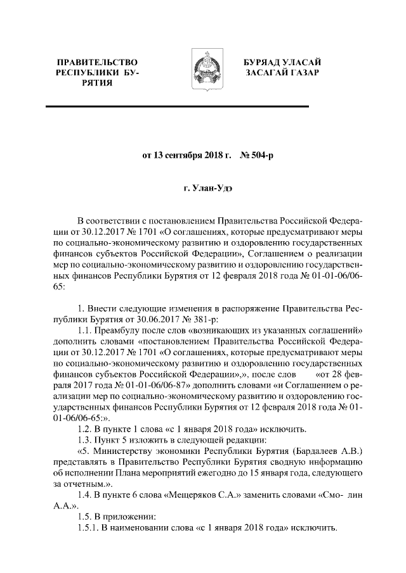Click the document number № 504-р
256,155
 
